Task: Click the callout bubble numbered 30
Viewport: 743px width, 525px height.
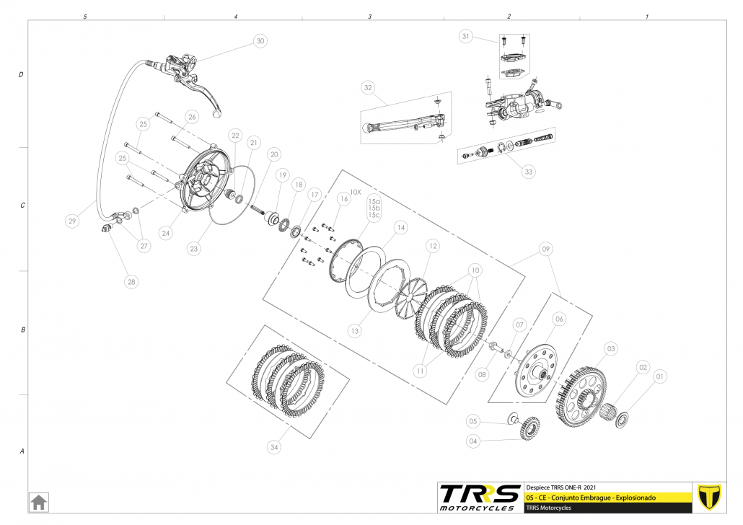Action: point(260,42)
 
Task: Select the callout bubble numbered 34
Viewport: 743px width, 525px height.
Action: point(273,448)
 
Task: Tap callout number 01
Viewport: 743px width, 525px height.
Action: point(660,376)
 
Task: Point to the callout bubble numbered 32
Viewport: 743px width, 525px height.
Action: point(368,88)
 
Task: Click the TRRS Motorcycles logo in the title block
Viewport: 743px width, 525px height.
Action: point(480,496)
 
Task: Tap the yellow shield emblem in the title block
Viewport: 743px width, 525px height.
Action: point(711,496)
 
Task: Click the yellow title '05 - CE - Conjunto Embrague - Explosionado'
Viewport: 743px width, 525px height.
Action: point(592,498)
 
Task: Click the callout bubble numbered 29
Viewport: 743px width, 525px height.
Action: point(71,221)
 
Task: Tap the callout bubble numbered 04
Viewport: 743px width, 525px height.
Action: point(472,441)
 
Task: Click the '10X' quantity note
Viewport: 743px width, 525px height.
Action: point(355,193)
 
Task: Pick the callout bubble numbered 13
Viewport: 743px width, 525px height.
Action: point(354,331)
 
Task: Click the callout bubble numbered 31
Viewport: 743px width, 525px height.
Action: point(465,36)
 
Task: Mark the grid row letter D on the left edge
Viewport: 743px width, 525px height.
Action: point(22,75)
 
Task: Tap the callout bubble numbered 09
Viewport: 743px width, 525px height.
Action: point(545,250)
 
